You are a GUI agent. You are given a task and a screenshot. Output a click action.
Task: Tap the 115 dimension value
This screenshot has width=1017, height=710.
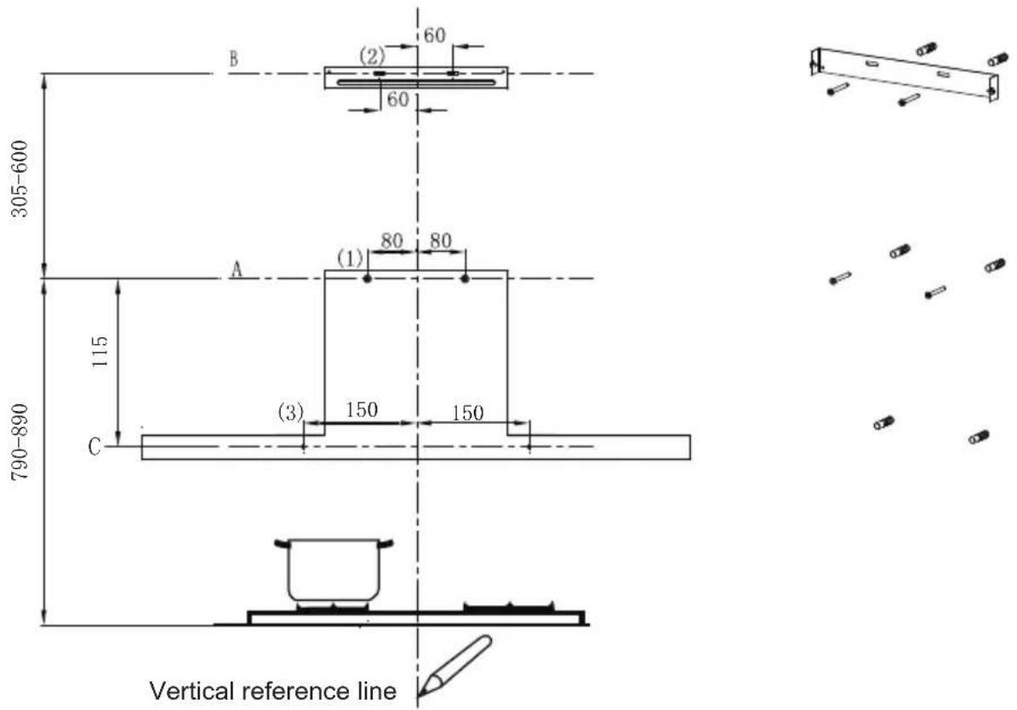click(x=100, y=352)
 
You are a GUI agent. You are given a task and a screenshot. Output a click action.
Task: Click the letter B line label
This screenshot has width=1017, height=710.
click(x=233, y=59)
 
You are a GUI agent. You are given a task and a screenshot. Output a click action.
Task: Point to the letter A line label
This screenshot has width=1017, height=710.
click(x=237, y=269)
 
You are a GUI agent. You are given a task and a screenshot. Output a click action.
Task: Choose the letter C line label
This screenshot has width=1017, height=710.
click(x=94, y=447)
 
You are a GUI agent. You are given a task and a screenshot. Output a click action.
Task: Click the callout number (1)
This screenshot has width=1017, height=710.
click(x=351, y=259)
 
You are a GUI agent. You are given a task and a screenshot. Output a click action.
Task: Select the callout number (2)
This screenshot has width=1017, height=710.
click(x=372, y=56)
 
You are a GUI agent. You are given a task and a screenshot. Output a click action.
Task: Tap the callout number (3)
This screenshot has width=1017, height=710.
click(x=290, y=412)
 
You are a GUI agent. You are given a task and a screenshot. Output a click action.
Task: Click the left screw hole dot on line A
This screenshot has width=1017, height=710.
click(x=367, y=279)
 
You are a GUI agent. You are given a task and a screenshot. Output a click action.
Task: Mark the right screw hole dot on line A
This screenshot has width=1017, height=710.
click(x=465, y=279)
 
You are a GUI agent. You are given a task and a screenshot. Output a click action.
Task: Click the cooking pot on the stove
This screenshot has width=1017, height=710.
click(x=334, y=570)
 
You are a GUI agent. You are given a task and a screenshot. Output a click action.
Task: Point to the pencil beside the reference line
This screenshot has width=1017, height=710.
click(x=454, y=665)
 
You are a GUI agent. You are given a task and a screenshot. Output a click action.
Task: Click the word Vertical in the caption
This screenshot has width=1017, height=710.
click(x=192, y=690)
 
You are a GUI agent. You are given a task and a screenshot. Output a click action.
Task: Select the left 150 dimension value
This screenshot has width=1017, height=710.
click(x=361, y=410)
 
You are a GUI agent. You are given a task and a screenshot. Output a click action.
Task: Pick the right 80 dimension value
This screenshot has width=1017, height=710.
click(x=440, y=241)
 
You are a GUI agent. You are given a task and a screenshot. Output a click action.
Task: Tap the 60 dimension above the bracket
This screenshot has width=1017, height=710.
click(x=435, y=35)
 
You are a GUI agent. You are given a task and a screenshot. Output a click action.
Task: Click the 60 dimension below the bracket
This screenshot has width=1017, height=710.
click(x=397, y=100)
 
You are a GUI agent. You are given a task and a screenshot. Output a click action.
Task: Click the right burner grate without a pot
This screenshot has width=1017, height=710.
click(x=509, y=608)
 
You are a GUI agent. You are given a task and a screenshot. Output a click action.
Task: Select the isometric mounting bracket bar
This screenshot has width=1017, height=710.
click(x=905, y=74)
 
